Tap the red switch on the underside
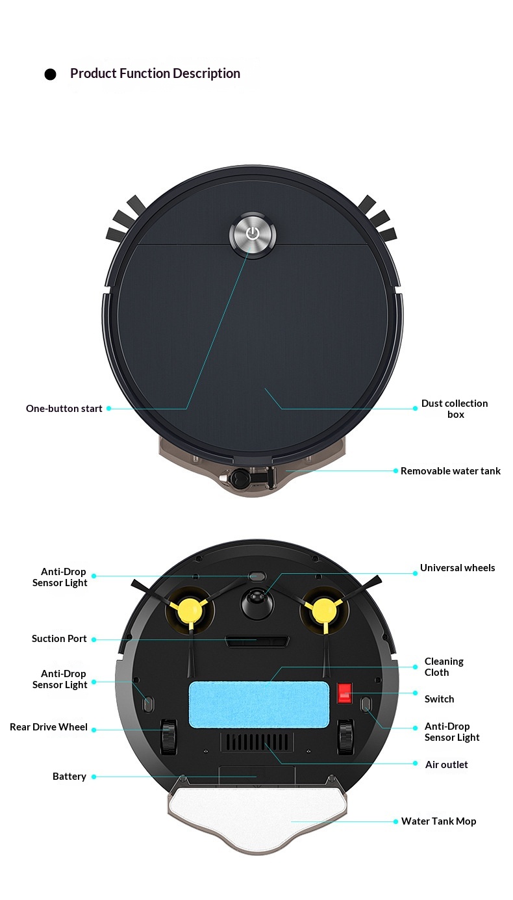click(x=344, y=693)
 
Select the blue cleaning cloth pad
click(x=259, y=704)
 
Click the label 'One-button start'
click(x=64, y=409)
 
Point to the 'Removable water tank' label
click(x=451, y=471)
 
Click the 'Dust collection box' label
click(x=455, y=409)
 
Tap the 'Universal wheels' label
click(x=458, y=568)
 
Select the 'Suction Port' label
click(x=59, y=639)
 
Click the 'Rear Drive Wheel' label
click(x=49, y=727)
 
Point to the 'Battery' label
click(x=69, y=777)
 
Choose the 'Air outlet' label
click(x=446, y=765)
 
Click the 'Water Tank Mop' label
click(x=439, y=821)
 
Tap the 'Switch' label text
click(x=439, y=699)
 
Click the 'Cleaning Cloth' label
click(x=444, y=667)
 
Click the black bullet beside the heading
click(x=50, y=74)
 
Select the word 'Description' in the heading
click(x=206, y=73)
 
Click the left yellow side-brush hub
click(x=190, y=610)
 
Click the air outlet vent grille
click(x=257, y=743)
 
